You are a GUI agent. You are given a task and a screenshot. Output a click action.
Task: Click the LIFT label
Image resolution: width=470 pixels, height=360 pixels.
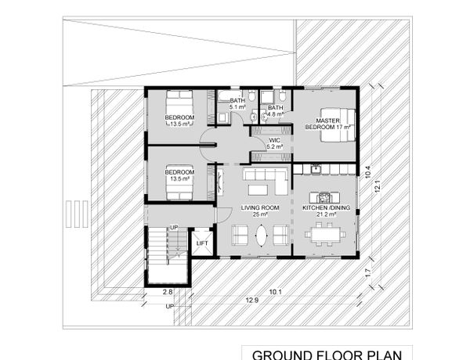click(x=202, y=243)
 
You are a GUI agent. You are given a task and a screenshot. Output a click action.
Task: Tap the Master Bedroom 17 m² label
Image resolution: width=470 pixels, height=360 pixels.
click(x=328, y=124)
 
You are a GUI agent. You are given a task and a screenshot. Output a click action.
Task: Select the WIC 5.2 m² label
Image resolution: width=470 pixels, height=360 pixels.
click(x=275, y=143)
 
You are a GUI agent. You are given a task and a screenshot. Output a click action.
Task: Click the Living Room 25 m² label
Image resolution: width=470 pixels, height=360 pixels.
click(x=260, y=211)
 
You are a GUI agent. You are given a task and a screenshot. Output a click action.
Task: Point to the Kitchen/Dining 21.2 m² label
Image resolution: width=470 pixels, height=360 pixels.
click(x=326, y=211)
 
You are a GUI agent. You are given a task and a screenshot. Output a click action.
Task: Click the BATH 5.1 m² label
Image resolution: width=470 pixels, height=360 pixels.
click(x=237, y=103)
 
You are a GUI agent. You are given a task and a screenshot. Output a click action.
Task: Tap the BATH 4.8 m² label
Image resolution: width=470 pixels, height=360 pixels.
click(x=276, y=111)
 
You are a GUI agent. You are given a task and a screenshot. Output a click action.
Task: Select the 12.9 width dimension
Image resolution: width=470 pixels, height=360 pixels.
click(x=252, y=300)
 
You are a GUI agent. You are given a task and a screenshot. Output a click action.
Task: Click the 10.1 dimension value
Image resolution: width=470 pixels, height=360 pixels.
click(x=275, y=292)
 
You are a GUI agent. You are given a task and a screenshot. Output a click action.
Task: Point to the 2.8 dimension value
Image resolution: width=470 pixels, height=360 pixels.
click(x=168, y=292)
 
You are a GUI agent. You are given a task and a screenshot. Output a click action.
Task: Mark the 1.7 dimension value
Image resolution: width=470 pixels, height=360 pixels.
click(x=369, y=272)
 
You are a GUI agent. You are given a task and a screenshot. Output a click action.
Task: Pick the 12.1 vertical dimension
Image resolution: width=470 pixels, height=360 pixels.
click(x=377, y=185)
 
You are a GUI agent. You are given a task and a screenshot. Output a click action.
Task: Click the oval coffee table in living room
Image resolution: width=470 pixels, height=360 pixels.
click(x=261, y=236)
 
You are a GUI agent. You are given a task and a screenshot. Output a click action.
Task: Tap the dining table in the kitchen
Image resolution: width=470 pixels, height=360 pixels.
click(x=326, y=235)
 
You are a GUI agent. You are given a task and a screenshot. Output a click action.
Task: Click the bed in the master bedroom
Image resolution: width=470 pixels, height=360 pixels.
click(x=338, y=124)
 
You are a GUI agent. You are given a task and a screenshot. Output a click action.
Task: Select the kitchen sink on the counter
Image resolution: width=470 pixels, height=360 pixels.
click(x=316, y=169)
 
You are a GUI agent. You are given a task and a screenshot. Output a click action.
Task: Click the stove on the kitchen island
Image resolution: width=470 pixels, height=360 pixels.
click(x=324, y=198)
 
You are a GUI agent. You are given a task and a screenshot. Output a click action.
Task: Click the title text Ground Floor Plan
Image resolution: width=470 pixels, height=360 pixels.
click(x=327, y=355)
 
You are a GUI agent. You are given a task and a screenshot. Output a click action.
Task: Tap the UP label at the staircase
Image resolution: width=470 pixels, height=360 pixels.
click(x=174, y=228)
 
